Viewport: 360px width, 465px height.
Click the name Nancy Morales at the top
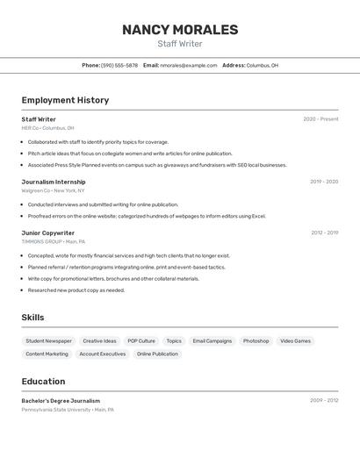tap(180, 30)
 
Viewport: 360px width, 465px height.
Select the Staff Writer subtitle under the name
tap(180, 44)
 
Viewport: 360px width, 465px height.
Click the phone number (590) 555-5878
tap(119, 66)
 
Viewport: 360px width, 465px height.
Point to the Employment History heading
tap(65, 100)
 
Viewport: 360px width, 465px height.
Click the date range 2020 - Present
tap(320, 119)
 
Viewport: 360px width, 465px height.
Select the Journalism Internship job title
tap(54, 182)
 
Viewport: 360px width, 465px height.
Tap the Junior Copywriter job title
tap(48, 232)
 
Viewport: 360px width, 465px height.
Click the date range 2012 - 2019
tap(324, 232)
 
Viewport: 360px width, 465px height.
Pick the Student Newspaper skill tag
tap(49, 340)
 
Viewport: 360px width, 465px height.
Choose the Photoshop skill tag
tap(256, 340)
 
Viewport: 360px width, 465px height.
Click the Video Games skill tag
tap(296, 340)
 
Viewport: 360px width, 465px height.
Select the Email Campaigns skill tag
tap(212, 340)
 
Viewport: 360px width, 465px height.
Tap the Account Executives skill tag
tap(102, 354)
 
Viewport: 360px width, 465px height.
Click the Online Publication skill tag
tap(157, 354)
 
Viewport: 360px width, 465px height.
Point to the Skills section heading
tap(32, 318)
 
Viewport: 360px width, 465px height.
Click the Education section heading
tap(43, 382)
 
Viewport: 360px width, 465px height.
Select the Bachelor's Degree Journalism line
tap(61, 401)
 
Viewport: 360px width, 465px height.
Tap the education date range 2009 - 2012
tap(324, 400)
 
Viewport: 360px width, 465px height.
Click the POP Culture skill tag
tap(141, 340)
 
